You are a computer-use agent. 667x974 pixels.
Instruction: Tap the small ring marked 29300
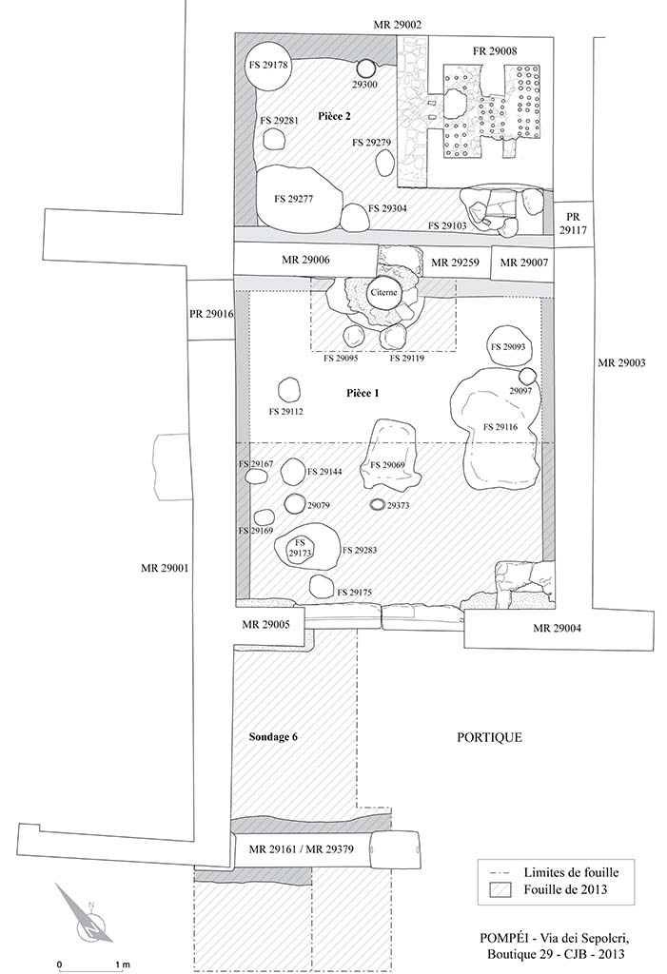(365, 68)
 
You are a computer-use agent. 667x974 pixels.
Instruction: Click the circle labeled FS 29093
(507, 347)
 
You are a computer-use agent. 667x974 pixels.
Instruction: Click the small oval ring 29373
(377, 504)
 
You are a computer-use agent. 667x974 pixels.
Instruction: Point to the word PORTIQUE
(489, 737)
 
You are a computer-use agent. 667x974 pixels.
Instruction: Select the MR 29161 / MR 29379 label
(303, 848)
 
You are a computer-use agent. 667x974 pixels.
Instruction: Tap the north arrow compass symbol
(83, 914)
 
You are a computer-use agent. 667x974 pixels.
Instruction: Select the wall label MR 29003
(623, 362)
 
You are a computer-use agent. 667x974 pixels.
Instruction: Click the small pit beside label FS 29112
(286, 391)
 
